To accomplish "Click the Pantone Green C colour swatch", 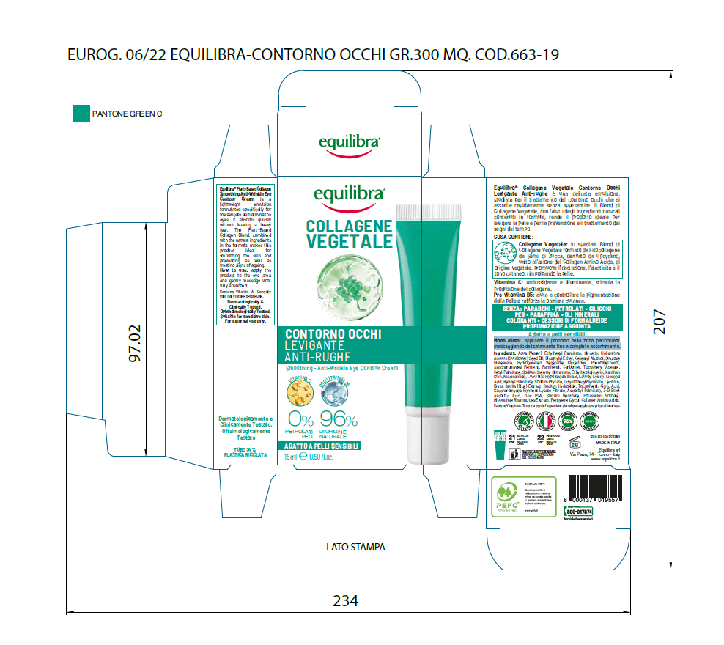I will (x=81, y=114).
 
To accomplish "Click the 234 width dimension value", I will (x=346, y=601).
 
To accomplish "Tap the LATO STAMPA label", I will (x=355, y=547).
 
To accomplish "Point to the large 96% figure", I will (x=338, y=420).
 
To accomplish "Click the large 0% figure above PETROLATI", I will (x=301, y=420).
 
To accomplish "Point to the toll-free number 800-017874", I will (x=579, y=511).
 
